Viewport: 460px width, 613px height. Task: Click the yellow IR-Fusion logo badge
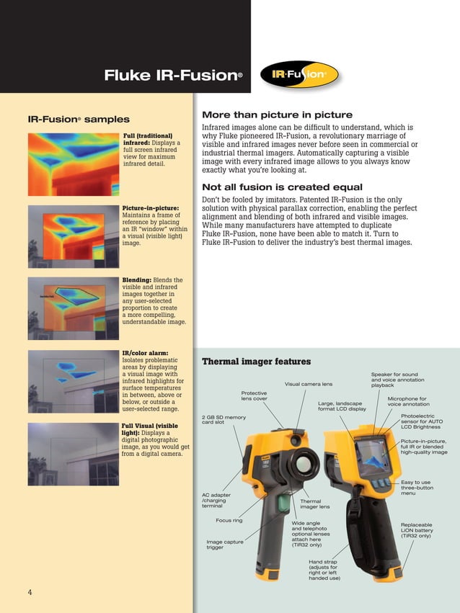point(303,74)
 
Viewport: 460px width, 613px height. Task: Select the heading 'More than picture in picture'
point(277,115)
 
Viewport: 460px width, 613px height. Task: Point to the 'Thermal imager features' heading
point(256,362)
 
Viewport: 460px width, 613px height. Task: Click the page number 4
point(30,592)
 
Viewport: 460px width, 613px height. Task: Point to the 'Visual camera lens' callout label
point(309,384)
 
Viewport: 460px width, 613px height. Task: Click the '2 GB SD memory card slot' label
point(224,420)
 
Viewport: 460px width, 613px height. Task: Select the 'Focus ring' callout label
point(229,519)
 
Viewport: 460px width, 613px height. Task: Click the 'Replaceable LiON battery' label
point(417,530)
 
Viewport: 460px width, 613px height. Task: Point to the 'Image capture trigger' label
point(225,544)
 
